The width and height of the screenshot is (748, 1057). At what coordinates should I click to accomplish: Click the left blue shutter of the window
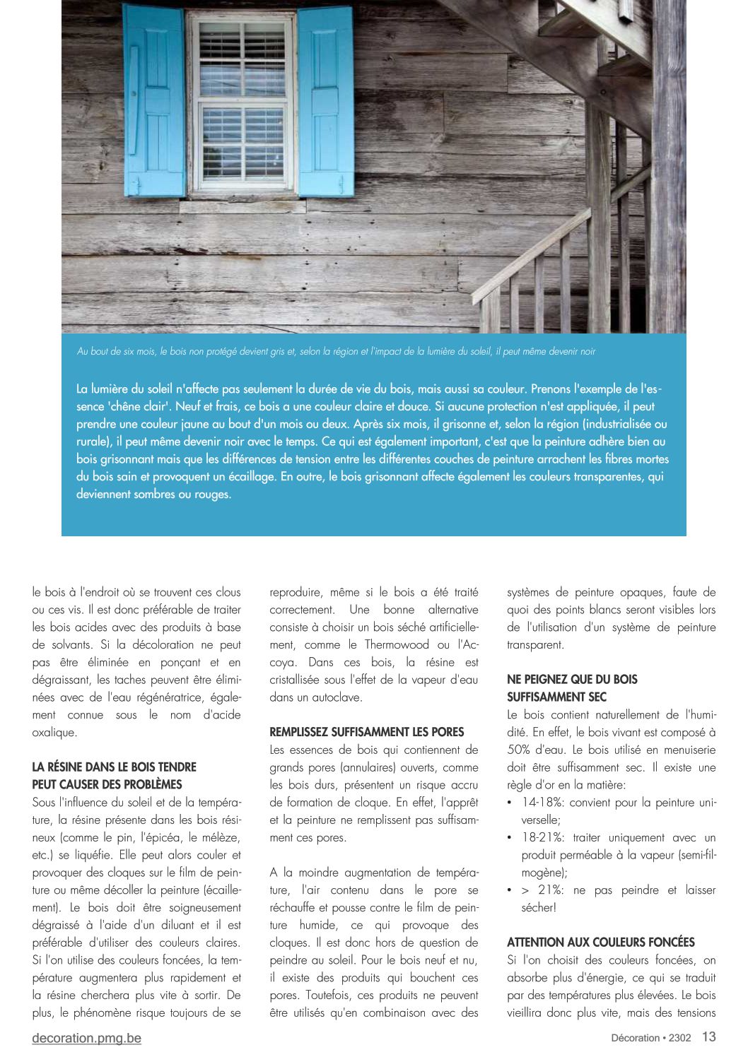[x=154, y=100]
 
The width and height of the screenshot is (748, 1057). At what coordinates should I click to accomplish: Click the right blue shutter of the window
[x=325, y=100]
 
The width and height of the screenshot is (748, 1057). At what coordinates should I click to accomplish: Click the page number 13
[x=708, y=1037]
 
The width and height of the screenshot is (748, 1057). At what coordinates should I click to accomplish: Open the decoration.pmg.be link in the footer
[x=86, y=1038]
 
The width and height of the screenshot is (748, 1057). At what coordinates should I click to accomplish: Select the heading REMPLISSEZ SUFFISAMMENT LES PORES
[x=366, y=732]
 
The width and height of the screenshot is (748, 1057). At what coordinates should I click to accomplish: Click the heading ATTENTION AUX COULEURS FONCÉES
[x=601, y=943]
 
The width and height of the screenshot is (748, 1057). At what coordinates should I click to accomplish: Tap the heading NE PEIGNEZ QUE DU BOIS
[x=572, y=680]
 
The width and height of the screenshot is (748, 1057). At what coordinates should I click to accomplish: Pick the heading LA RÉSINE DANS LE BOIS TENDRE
[x=114, y=767]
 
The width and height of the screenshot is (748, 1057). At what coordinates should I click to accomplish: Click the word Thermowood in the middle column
[x=397, y=645]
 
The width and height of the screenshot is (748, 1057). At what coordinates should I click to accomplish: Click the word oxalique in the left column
[x=54, y=733]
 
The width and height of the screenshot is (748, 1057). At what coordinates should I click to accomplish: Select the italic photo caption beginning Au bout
[x=336, y=352]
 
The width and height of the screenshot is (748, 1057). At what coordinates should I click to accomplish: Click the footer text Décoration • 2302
[x=651, y=1038]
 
